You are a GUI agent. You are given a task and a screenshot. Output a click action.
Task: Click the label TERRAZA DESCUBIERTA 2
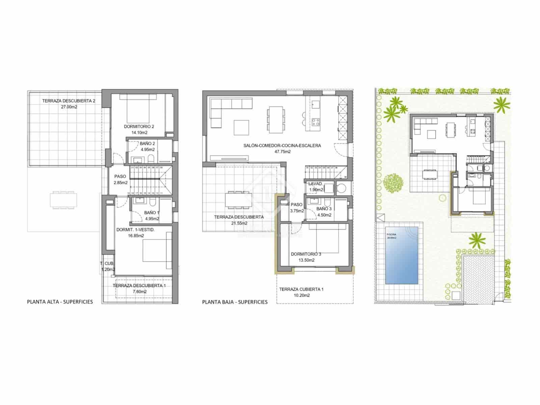click(x=64, y=101)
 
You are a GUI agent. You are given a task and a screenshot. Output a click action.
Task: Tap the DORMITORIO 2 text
click(x=139, y=127)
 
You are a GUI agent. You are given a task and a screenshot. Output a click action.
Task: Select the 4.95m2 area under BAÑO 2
click(x=148, y=150)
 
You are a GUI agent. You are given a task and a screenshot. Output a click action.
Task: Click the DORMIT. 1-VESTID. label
click(x=135, y=230)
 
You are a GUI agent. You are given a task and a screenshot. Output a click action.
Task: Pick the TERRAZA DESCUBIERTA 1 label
click(x=139, y=286)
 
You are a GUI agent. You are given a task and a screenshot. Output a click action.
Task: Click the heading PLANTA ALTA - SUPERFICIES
click(x=60, y=302)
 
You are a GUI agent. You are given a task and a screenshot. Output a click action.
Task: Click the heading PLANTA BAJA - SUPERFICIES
click(x=235, y=302)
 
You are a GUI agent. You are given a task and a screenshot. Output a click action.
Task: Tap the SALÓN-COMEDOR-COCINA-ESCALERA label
click(x=282, y=146)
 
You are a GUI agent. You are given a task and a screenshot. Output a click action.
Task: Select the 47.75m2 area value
click(x=282, y=152)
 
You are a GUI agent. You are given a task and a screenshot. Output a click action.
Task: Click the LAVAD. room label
click(x=316, y=184)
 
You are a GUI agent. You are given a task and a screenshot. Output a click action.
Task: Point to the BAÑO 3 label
click(x=324, y=209)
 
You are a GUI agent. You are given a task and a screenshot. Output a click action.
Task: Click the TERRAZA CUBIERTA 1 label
click(x=301, y=289)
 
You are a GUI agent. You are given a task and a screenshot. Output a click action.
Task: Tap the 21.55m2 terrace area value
click(x=239, y=223)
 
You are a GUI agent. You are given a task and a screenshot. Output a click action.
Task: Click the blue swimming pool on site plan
click(x=402, y=255)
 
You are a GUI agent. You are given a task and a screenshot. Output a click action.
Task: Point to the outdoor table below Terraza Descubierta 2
click(x=63, y=199)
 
